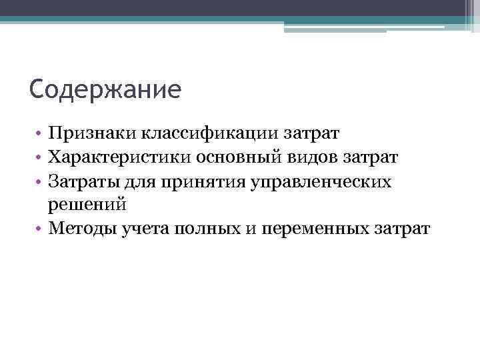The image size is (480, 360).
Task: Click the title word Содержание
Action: pyautogui.click(x=105, y=89)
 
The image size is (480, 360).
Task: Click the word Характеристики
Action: pyautogui.click(x=120, y=157)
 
